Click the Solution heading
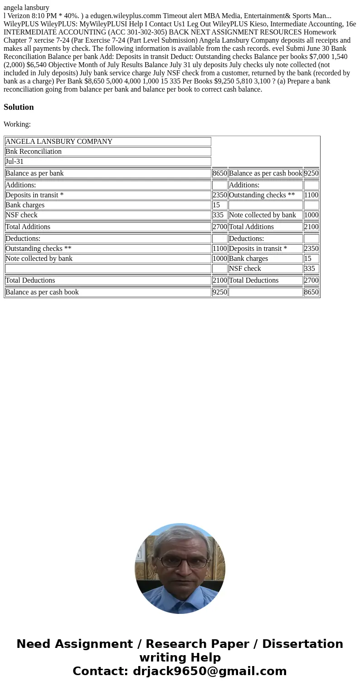coord(19,107)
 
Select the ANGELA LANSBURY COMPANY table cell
coord(59,142)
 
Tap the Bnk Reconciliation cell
coord(34,152)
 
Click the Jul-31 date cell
coord(15,162)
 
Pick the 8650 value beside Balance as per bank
coord(219,173)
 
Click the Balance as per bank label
coord(34,173)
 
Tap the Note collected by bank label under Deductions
coord(39,259)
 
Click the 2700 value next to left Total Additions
coord(219,227)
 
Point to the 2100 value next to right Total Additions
coord(311,227)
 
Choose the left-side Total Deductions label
coord(30,280)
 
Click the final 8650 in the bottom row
coord(311,292)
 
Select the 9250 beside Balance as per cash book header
coord(311,173)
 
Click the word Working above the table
coord(17,124)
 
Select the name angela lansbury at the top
coord(26,7)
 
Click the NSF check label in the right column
coord(245,269)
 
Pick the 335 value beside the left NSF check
coord(218,215)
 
